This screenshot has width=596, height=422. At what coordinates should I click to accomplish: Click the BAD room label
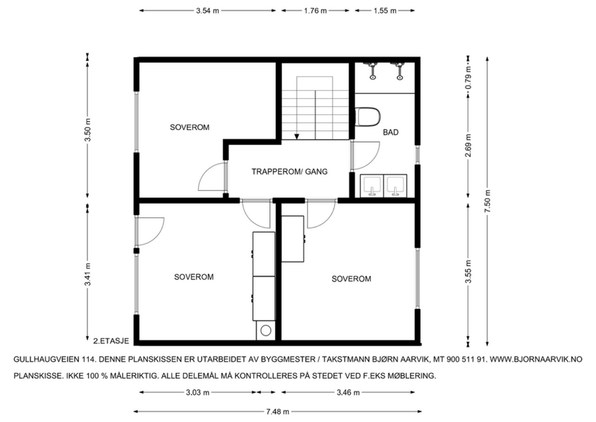click(391, 132)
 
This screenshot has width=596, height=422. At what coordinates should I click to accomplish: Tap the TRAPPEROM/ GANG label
click(289, 172)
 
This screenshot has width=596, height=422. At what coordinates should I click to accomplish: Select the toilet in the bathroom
click(368, 117)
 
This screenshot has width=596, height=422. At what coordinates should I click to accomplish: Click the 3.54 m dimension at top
click(207, 11)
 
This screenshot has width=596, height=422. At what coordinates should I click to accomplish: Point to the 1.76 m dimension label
click(315, 11)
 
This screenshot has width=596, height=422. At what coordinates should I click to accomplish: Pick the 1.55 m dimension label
click(385, 11)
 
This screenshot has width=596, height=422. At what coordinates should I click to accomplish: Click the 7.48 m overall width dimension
click(278, 412)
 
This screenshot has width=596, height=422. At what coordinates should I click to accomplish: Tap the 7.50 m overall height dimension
click(488, 201)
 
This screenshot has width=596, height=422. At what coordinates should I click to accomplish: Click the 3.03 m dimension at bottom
click(198, 393)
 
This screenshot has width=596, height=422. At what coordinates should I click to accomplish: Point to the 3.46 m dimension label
click(348, 393)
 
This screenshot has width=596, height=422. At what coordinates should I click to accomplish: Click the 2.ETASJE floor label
click(111, 341)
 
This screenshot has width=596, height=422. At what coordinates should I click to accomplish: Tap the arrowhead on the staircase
click(297, 136)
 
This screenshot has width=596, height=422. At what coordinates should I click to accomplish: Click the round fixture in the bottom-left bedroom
click(266, 330)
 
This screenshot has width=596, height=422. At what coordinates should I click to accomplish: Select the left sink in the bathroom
click(372, 186)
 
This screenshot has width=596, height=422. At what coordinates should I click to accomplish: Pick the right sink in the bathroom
click(395, 186)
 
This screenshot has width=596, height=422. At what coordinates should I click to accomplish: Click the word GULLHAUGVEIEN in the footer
click(47, 359)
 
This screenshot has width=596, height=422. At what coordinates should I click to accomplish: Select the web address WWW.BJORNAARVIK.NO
click(536, 359)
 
